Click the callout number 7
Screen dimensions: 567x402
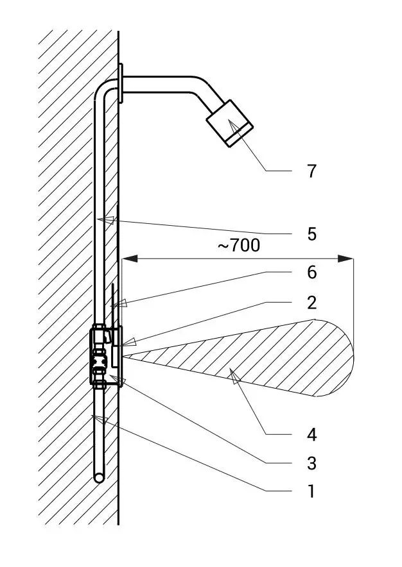pos(311,172)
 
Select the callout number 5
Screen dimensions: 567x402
pos(311,233)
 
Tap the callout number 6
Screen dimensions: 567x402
pos(311,273)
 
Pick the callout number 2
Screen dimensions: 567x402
pos(311,301)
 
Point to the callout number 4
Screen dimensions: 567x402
pos(311,435)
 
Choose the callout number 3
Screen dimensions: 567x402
pos(311,463)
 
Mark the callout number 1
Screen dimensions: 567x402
pos(311,492)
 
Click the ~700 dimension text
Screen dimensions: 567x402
pos(238,246)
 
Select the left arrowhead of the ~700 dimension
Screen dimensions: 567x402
pos(128,258)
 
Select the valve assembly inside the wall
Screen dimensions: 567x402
pos(100,357)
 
